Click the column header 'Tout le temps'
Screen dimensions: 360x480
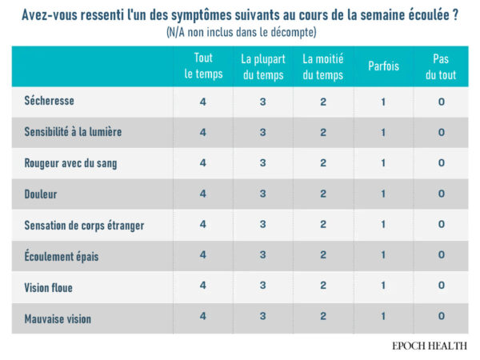(203, 66)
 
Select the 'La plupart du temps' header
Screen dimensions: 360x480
(263, 66)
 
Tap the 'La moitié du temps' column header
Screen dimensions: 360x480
(322, 66)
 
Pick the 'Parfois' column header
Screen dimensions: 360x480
(383, 66)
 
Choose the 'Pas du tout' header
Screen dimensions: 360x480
(441, 66)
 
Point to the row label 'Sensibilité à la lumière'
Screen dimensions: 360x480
(74, 132)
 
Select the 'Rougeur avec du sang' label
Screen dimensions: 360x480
(71, 163)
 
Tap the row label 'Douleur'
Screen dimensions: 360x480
(42, 194)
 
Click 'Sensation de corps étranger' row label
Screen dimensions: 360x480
(85, 226)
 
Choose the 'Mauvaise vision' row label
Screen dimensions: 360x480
(58, 318)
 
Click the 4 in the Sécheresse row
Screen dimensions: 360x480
(203, 102)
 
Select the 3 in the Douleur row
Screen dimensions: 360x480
(263, 194)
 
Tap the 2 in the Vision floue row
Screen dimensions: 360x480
(322, 286)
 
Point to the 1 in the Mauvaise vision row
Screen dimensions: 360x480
(383, 317)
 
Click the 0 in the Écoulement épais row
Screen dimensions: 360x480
(441, 255)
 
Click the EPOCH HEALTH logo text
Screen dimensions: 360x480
(430, 346)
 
